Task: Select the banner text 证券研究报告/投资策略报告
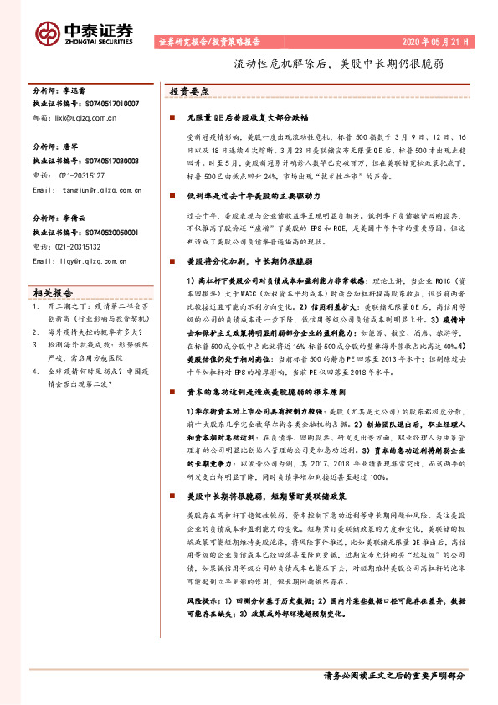point(208,40)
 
